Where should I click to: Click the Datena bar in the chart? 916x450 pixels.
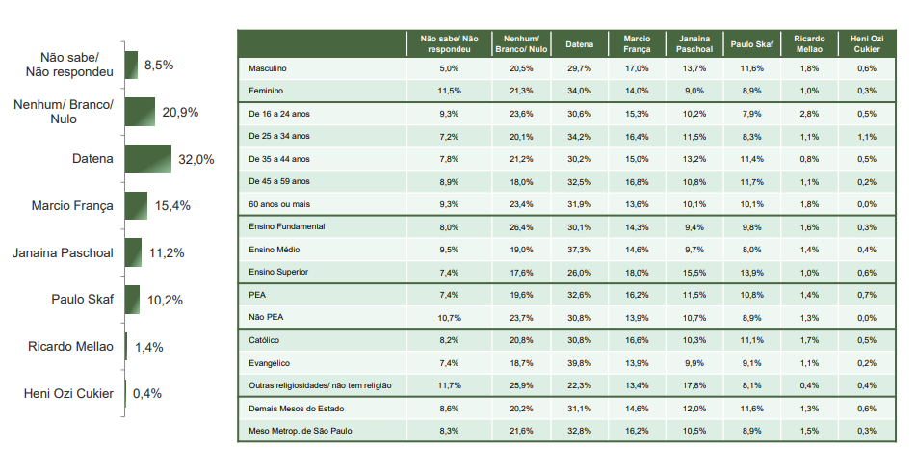(x=147, y=159)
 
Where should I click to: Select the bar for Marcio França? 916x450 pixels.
(x=136, y=205)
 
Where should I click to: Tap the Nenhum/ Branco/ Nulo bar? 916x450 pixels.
(x=140, y=112)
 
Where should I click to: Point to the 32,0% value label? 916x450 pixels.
(x=196, y=160)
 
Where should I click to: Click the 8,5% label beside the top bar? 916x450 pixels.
(x=158, y=65)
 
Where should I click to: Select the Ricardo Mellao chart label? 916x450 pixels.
(x=69, y=346)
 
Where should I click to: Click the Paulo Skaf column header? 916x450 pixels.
(x=752, y=43)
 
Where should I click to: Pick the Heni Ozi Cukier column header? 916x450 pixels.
(x=866, y=43)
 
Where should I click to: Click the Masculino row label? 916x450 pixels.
(x=267, y=68)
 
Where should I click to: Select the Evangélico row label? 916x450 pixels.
(x=270, y=362)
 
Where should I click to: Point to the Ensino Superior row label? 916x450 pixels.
(x=278, y=272)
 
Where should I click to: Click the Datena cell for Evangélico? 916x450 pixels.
(x=579, y=362)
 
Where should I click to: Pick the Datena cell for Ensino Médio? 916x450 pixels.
(x=579, y=249)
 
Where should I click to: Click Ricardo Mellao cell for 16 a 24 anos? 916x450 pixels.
(x=809, y=113)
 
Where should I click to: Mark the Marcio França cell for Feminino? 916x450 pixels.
(x=637, y=91)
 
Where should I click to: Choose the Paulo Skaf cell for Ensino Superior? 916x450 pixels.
(x=752, y=272)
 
